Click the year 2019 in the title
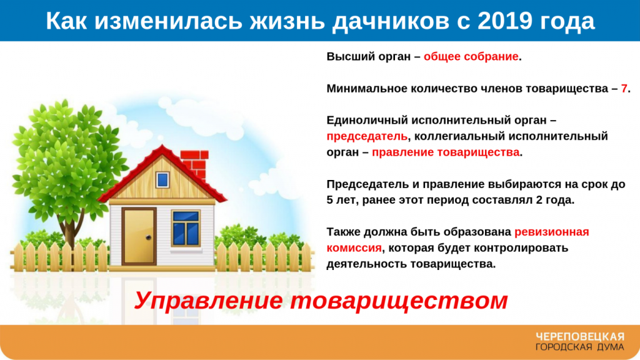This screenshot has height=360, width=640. click(x=505, y=21)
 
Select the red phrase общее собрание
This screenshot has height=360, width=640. click(x=471, y=57)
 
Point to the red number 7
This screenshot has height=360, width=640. click(x=624, y=89)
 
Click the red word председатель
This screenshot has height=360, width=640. click(x=367, y=137)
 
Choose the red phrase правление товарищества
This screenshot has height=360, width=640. click(x=446, y=152)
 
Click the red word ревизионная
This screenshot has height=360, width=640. click(x=551, y=232)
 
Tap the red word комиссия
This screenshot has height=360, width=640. click(x=354, y=248)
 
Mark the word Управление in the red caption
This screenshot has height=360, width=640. click(x=208, y=301)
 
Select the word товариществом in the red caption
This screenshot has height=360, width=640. click(x=399, y=302)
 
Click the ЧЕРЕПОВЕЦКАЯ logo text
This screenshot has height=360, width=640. click(x=580, y=337)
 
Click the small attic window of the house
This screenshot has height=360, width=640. click(x=162, y=179)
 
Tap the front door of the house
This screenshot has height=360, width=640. click(x=139, y=236)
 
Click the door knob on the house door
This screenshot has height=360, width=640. click(x=149, y=237)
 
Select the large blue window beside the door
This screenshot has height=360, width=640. click(x=186, y=229)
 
